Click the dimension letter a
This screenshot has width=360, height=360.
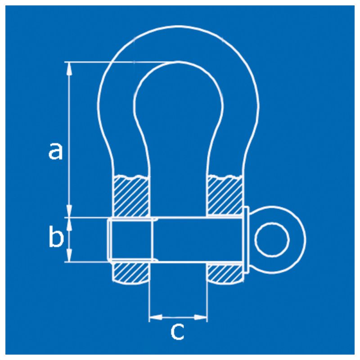[55, 151]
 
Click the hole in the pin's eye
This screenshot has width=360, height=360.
[272, 239]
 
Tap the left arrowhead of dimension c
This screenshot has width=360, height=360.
[156, 318]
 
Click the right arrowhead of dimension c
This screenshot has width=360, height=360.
[201, 318]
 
